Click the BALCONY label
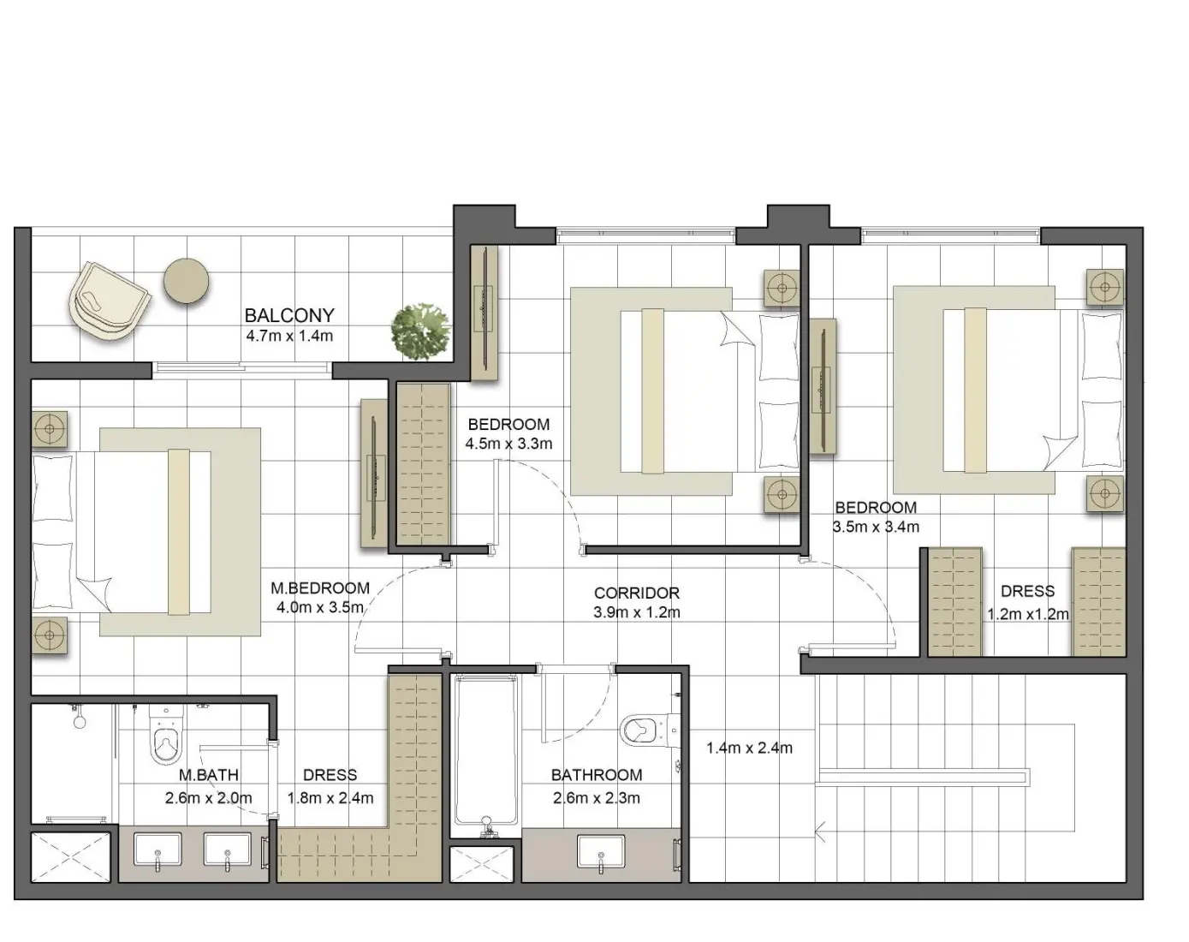coord(289,315)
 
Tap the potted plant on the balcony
coord(420,330)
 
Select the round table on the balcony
coord(187,280)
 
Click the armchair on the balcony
coord(108,301)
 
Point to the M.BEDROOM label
coord(320,588)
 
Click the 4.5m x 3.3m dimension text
coord(508,444)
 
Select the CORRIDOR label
coord(636,593)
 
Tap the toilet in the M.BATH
coord(165,735)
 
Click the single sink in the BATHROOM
coord(599,853)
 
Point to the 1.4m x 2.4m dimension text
coord(749,748)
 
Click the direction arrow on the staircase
coord(822,829)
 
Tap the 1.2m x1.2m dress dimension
coord(1027,614)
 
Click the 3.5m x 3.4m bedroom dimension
coord(876,527)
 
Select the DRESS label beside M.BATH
coord(330,775)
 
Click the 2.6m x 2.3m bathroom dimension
coord(596,798)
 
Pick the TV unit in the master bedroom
coord(374,473)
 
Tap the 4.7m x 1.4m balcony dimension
coord(289,336)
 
